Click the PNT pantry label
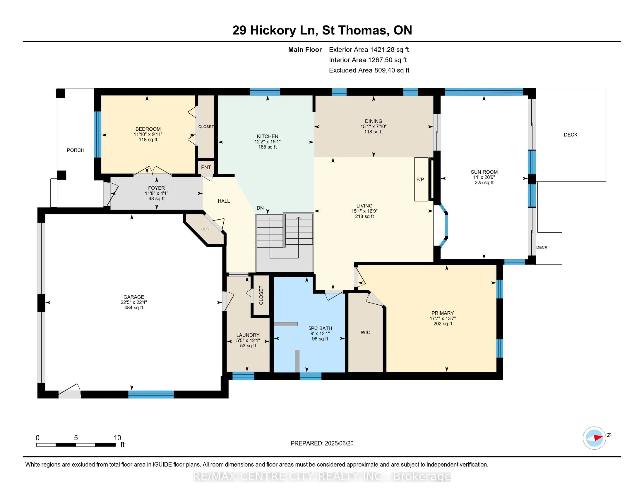point(206,167)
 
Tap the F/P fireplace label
point(420,179)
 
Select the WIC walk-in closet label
point(365,332)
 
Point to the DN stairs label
point(260,208)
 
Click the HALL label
point(224,201)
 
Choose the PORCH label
point(76,150)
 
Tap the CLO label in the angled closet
point(205,229)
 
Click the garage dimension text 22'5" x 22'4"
point(133,302)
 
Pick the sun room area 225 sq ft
point(484,182)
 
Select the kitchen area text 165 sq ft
point(268,147)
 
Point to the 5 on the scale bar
point(76,438)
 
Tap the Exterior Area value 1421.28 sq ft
point(389,50)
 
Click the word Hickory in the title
point(273,31)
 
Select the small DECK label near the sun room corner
point(542,247)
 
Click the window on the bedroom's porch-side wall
point(97,134)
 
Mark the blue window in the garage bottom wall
point(151,394)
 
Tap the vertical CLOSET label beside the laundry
point(261,295)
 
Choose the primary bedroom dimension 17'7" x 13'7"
point(443,318)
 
